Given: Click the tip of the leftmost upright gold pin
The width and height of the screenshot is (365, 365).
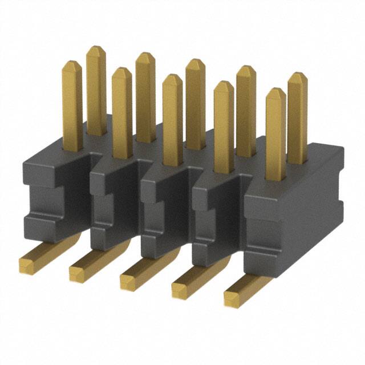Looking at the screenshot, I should click(72, 64).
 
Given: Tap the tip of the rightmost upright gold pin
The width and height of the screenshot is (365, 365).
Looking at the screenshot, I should click(297, 76).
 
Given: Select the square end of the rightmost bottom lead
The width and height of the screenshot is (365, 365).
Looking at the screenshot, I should click(233, 298).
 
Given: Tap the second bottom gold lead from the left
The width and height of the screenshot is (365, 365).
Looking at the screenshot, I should click(78, 272).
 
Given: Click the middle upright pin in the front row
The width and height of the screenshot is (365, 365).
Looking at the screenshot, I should click(172, 120).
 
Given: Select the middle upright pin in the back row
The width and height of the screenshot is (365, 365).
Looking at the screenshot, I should click(195, 103).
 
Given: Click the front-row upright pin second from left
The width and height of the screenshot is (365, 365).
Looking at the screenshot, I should click(121, 111).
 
